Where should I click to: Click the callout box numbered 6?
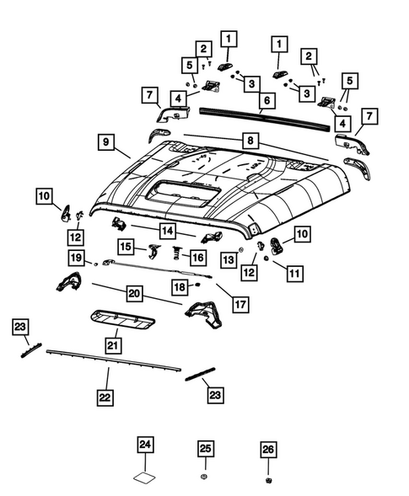[266, 100]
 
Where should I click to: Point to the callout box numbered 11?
[292, 274]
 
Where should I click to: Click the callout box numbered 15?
[126, 247]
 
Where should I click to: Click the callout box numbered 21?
[112, 344]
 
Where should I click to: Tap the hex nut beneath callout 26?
[268, 478]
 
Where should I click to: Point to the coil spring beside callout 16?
[178, 253]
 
